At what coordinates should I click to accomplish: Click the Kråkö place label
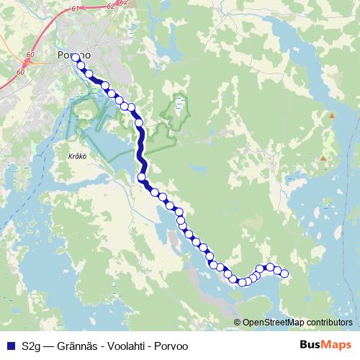(x=66, y=154)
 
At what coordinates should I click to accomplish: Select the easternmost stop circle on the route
(x=284, y=273)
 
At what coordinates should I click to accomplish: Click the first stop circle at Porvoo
(x=76, y=56)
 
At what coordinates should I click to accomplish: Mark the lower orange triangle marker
(x=323, y=158)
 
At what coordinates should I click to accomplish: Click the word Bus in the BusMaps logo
(x=310, y=345)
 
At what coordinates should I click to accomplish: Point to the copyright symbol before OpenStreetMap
(x=238, y=322)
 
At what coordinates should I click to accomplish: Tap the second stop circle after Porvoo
(x=81, y=66)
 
